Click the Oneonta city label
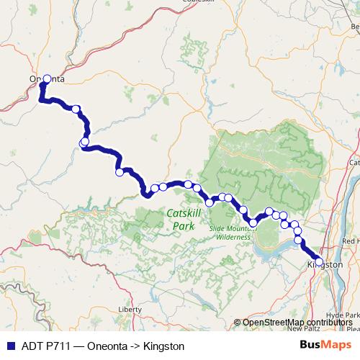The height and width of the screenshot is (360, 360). (48, 79)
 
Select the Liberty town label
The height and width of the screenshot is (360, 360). (130, 309)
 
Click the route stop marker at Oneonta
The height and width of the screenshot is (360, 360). (48, 78)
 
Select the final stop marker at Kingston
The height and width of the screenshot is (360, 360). (319, 261)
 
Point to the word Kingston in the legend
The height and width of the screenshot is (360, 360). (164, 346)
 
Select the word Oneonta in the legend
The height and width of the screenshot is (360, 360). (107, 346)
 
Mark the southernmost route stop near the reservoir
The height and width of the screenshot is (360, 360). (253, 223)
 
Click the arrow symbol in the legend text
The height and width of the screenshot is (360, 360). (135, 346)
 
